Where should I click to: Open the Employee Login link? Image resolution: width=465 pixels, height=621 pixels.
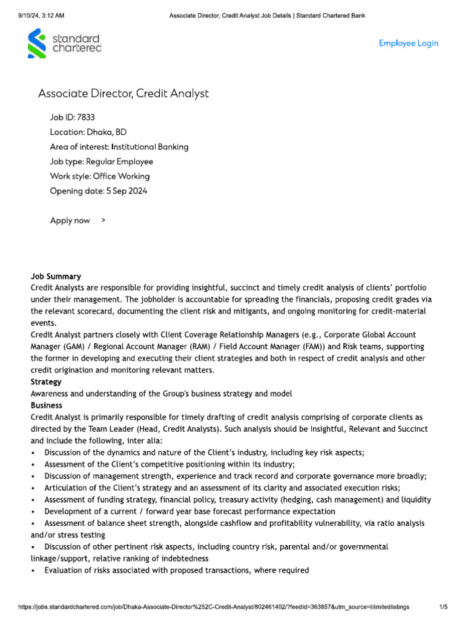pyautogui.click(x=408, y=43)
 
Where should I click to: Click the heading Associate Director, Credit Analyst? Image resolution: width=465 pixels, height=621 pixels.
pyautogui.click(x=123, y=93)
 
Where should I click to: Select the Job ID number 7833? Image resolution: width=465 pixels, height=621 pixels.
pyautogui.click(x=85, y=117)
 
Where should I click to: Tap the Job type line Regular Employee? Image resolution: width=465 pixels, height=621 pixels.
pyautogui.click(x=119, y=161)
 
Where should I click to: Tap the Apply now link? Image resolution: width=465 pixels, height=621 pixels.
pyautogui.click(x=70, y=220)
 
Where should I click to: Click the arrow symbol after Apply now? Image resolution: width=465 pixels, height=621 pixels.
pyautogui.click(x=103, y=220)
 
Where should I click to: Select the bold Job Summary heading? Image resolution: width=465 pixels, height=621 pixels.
pyautogui.click(x=56, y=277)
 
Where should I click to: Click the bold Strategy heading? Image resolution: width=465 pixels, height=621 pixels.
pyautogui.click(x=46, y=382)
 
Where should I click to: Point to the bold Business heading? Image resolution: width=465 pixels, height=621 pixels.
pyautogui.click(x=47, y=405)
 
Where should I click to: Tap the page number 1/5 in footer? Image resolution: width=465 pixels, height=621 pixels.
pyautogui.click(x=443, y=606)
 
